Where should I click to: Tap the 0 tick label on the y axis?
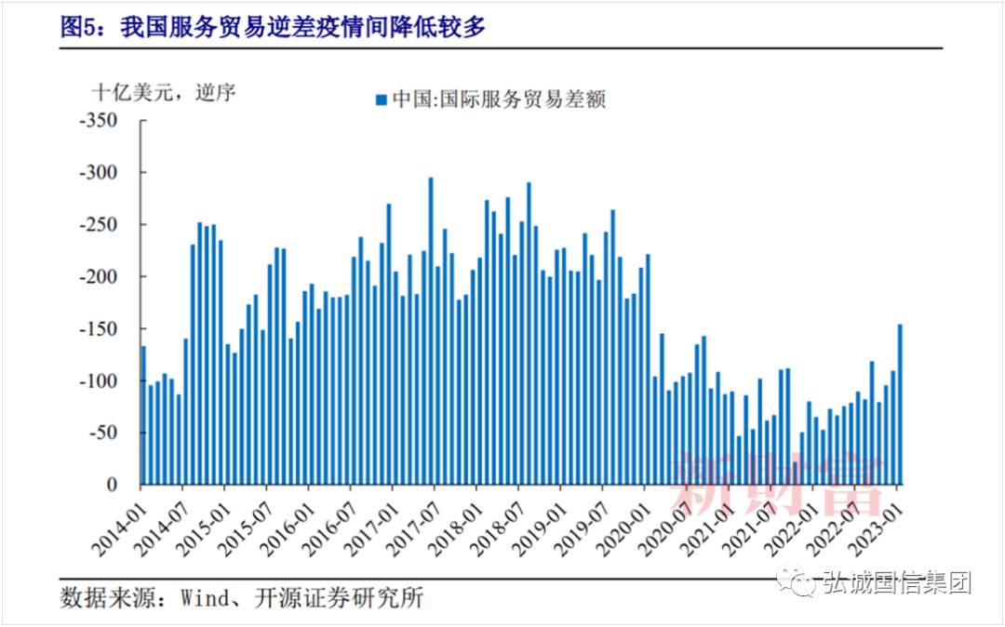click(x=113, y=486)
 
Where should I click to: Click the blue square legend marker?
click(x=380, y=99)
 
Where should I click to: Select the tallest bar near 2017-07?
click(x=431, y=330)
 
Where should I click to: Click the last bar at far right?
click(x=900, y=405)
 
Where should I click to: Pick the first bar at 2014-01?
click(x=143, y=415)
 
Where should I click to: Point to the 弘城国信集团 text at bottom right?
click(x=896, y=583)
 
